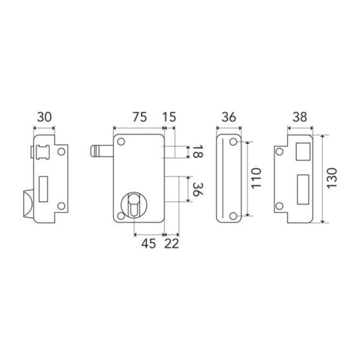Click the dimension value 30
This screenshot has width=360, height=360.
tap(44, 118)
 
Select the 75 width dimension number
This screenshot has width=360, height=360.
tap(139, 118)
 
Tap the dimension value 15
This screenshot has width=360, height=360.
tap(170, 118)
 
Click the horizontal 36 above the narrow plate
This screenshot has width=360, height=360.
tap(228, 118)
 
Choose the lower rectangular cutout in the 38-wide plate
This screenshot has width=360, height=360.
tap(304, 187)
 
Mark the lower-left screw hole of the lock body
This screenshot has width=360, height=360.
tap(121, 214)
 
